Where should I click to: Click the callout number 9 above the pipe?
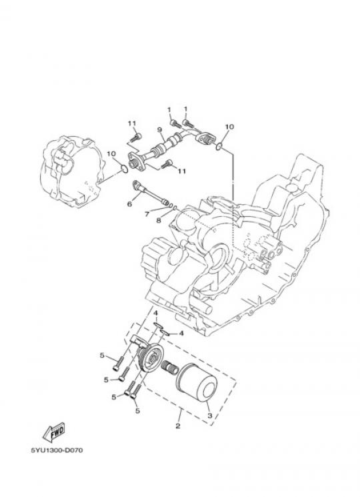click(x=159, y=129)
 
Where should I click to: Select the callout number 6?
click(x=129, y=204)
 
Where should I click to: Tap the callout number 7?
click(x=147, y=214)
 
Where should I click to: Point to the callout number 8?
click(x=159, y=220)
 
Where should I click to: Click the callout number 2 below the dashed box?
click(x=178, y=426)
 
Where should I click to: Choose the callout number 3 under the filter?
click(x=209, y=415)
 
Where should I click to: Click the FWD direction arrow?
click(x=54, y=432)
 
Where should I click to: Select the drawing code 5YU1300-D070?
click(x=57, y=450)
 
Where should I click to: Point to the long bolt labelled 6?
click(x=151, y=192)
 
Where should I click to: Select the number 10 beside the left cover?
click(x=111, y=154)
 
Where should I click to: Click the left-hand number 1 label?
click(x=169, y=109)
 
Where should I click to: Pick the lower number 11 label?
click(x=181, y=171)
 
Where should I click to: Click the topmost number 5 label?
click(x=102, y=356)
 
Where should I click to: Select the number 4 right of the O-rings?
click(x=181, y=334)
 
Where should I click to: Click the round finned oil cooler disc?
click(x=151, y=359)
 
